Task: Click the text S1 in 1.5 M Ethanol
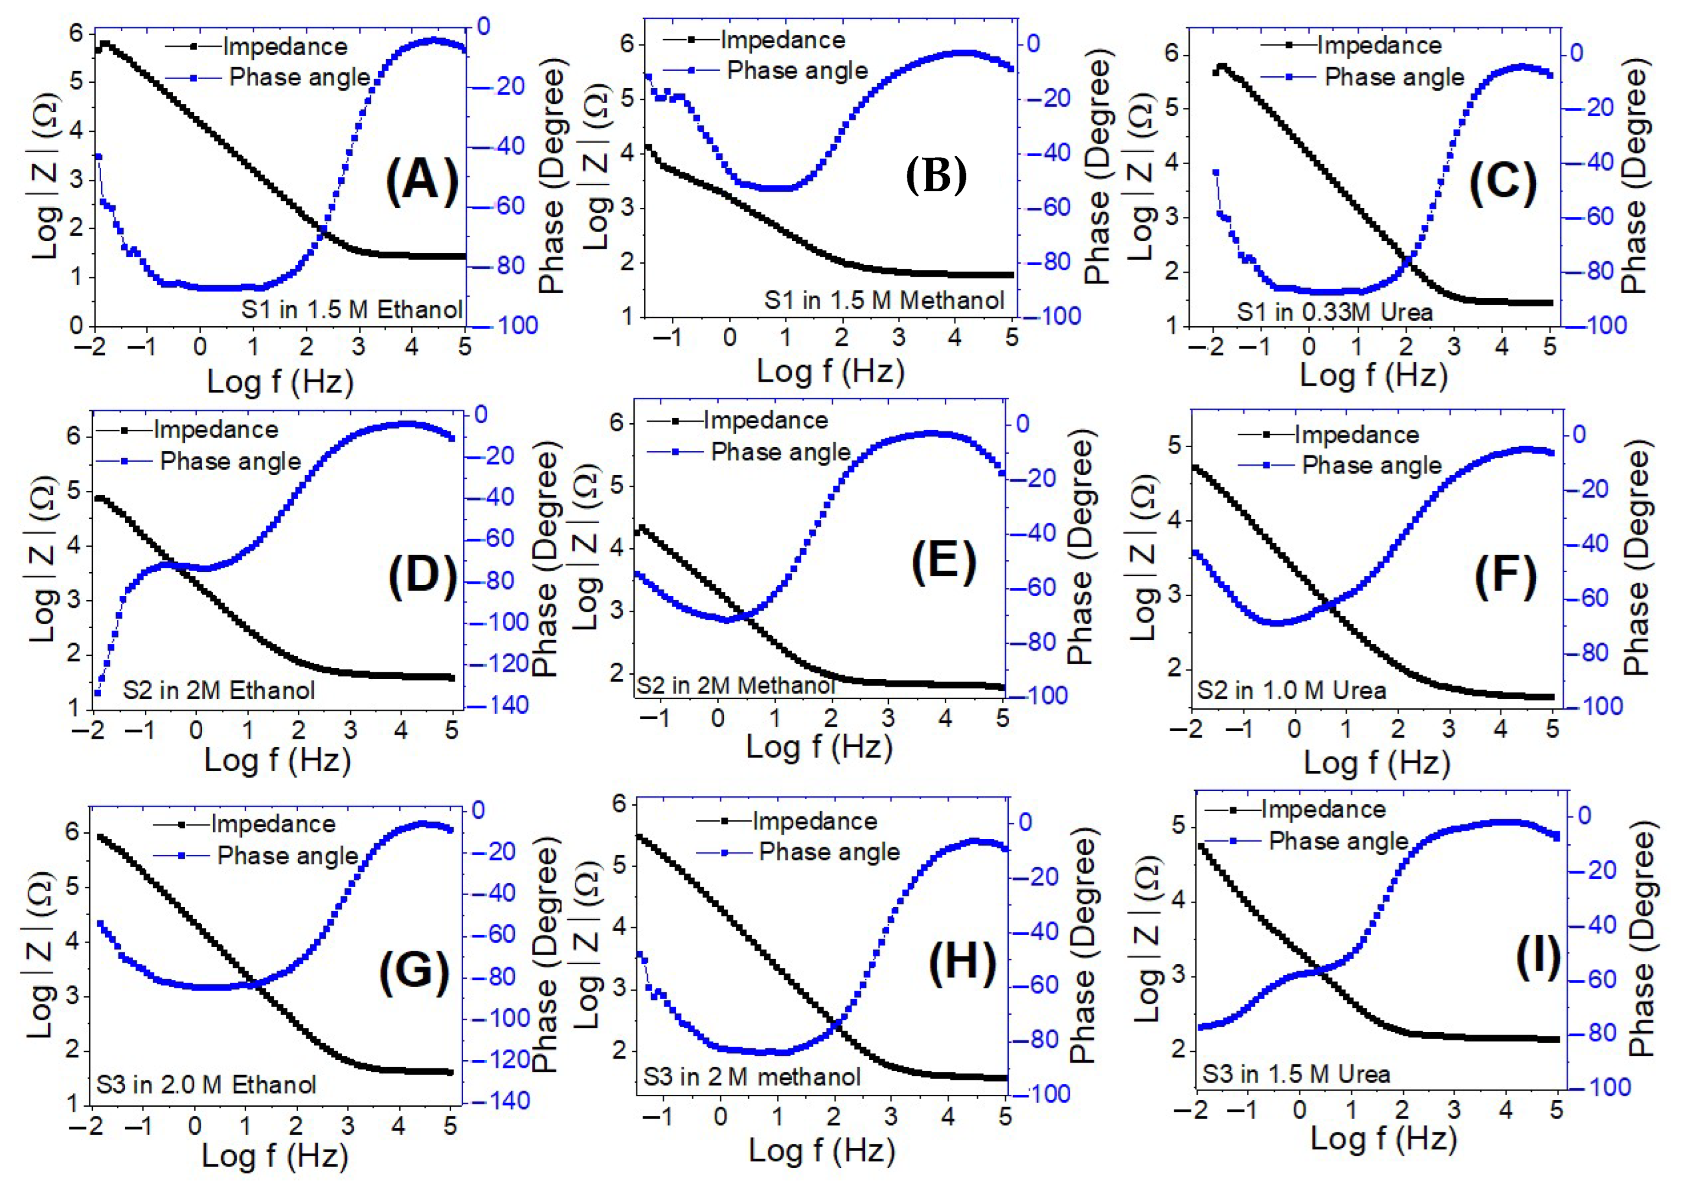coord(352,309)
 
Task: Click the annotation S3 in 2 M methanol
coord(751,1077)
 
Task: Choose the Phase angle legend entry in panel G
coord(287,855)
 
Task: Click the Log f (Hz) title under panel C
coord(1373,375)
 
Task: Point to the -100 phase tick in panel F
coord(1596,706)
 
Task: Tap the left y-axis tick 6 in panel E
coord(616,423)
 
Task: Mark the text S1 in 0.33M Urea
coord(1334,313)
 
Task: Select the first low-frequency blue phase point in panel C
coord(1216,173)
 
